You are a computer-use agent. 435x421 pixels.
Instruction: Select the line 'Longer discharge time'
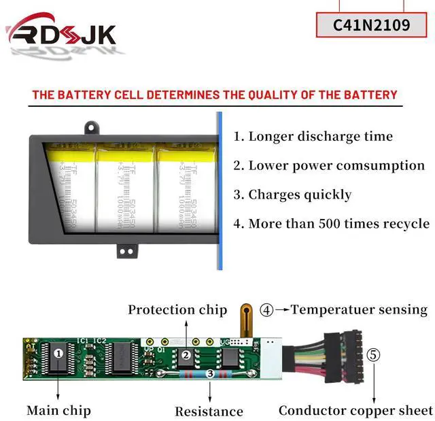[313, 136]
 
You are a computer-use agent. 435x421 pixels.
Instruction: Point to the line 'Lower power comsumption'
[329, 165]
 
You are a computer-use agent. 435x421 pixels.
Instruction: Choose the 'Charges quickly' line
[292, 195]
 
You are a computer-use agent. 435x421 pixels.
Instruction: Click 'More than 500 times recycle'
[331, 224]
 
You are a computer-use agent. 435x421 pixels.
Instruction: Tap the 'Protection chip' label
[177, 310]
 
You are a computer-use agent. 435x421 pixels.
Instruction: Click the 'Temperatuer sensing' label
[359, 310]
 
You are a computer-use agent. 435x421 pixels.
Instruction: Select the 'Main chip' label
[58, 410]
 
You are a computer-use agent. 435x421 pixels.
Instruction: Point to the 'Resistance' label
[209, 411]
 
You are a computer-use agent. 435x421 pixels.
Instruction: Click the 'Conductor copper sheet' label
[355, 410]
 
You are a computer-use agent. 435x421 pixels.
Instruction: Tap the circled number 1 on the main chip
[58, 353]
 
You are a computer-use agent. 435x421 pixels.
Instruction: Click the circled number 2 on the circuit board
[185, 354]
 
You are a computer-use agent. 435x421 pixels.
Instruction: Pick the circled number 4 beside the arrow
[267, 310]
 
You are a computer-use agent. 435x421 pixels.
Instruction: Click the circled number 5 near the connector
[374, 354]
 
